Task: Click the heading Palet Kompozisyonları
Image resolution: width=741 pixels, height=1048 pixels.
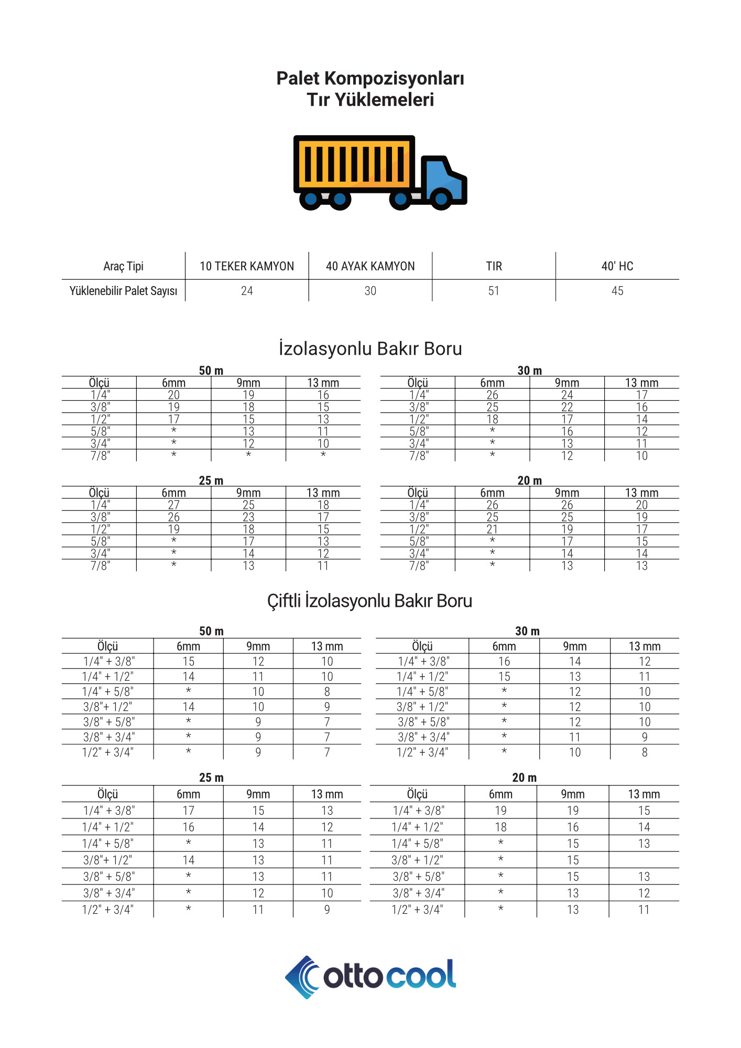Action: coord(370,79)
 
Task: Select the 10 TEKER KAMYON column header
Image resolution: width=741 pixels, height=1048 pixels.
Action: coord(247,266)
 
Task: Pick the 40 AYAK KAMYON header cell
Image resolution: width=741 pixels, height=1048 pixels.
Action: coord(370,266)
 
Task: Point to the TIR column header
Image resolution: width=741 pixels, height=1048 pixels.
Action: coord(494,266)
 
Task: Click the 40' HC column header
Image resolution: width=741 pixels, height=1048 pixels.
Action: coord(617,266)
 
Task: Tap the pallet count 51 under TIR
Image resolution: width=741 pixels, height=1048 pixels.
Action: coord(494,291)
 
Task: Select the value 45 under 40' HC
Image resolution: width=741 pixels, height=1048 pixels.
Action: coord(617,291)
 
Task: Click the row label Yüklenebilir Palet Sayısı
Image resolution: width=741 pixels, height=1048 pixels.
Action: coord(123,291)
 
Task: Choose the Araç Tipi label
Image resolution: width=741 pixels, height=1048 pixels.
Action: coord(123,266)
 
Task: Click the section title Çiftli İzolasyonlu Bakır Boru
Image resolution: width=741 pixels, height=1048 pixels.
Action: coord(370,601)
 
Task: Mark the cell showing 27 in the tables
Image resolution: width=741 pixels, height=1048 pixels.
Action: coord(173,505)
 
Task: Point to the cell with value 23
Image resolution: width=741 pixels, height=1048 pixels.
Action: coord(248,517)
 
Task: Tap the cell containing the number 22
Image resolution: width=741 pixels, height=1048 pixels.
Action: coord(567,407)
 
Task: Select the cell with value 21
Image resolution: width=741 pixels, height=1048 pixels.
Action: coord(492,529)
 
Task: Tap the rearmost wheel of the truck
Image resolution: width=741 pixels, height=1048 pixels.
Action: coord(311,199)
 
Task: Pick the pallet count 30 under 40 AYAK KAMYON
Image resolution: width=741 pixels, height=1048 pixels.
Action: coord(370,291)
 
